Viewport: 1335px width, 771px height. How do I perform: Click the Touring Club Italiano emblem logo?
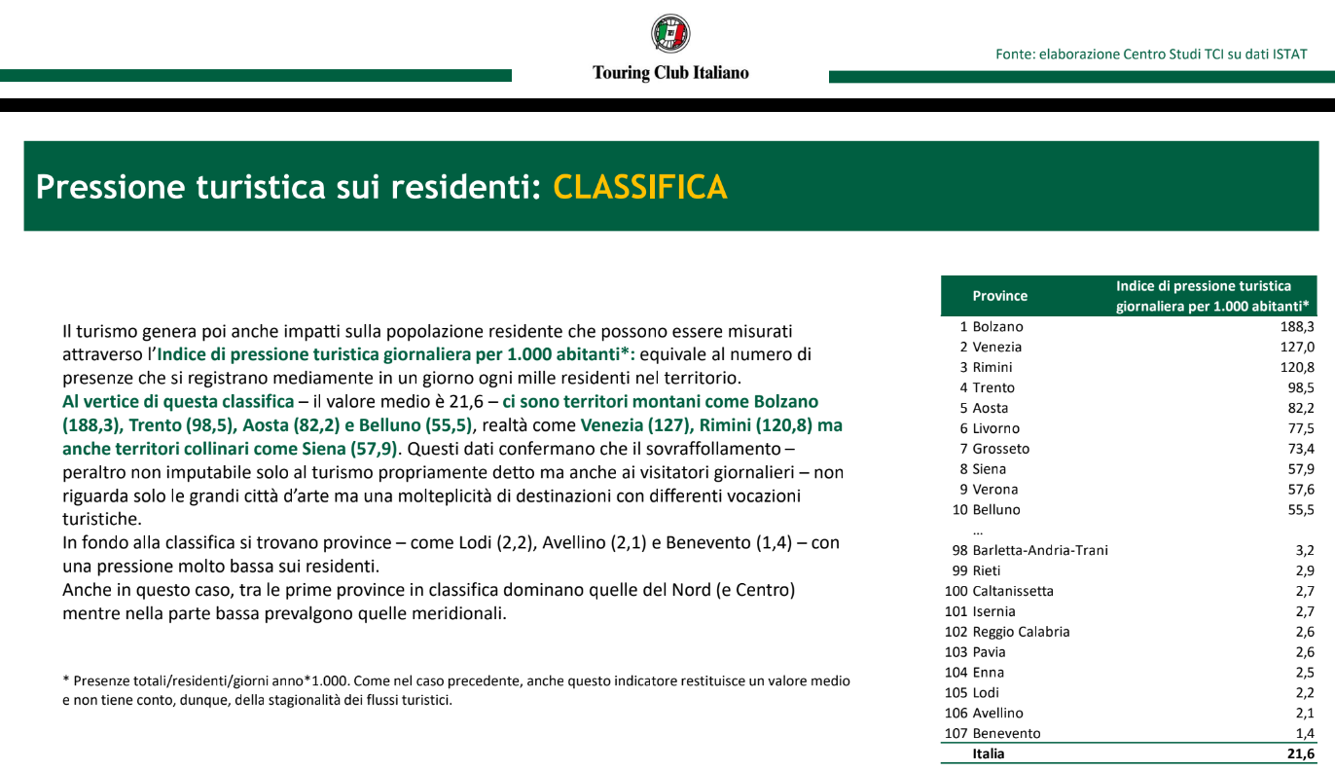pyautogui.click(x=670, y=34)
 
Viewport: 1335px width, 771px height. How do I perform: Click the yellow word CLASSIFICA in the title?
pyautogui.click(x=639, y=187)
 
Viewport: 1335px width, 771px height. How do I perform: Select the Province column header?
pyautogui.click(x=999, y=296)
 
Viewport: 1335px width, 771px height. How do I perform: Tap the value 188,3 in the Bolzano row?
pyautogui.click(x=1297, y=327)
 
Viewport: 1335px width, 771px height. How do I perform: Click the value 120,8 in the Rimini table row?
pyautogui.click(x=1297, y=368)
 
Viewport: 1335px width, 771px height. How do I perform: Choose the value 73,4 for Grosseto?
pyautogui.click(x=1301, y=449)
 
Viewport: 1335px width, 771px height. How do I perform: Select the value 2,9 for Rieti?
pyautogui.click(x=1305, y=571)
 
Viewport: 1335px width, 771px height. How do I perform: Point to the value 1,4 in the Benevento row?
pyautogui.click(x=1305, y=734)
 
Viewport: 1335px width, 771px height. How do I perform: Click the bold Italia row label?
pyautogui.click(x=988, y=753)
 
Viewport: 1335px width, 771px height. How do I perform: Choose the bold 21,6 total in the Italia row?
pyautogui.click(x=1301, y=753)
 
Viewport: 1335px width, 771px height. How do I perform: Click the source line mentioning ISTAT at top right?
pyautogui.click(x=1151, y=55)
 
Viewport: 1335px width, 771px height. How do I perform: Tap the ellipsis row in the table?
pyautogui.click(x=978, y=531)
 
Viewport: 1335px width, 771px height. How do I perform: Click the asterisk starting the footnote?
pyautogui.click(x=65, y=681)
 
